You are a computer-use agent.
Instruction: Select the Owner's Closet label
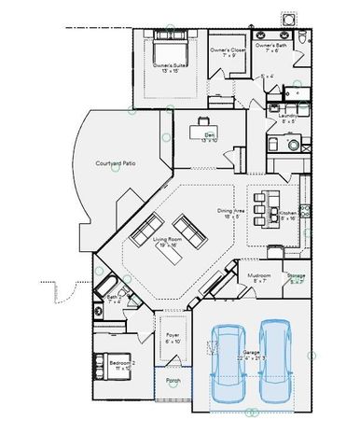tap(227, 50)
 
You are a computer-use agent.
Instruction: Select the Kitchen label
tap(287, 215)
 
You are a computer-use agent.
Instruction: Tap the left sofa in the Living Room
tap(147, 227)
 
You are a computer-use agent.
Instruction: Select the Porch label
tap(173, 381)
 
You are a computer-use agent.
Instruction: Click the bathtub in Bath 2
tap(102, 284)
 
